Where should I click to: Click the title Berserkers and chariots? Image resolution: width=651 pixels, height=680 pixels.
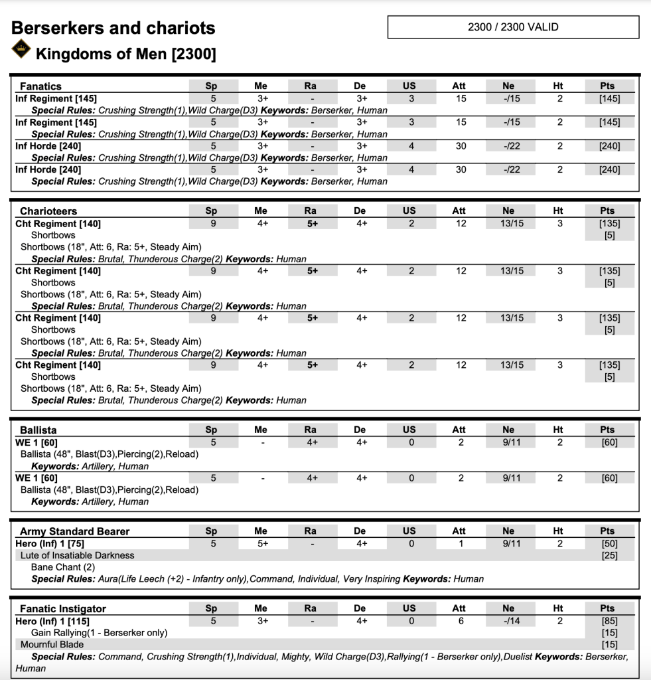point(113,28)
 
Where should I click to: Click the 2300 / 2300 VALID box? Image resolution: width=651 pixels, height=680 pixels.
point(513,27)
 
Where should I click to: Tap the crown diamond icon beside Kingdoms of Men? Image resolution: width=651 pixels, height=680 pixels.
point(22,48)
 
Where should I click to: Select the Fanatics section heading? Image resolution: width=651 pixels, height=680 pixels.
point(40,86)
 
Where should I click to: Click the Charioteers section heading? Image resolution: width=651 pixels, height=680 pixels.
point(48,211)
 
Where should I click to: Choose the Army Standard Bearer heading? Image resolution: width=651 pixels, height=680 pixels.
point(74,531)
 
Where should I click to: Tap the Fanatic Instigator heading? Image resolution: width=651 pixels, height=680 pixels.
point(63,609)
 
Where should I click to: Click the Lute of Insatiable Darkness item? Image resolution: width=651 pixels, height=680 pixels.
point(77,555)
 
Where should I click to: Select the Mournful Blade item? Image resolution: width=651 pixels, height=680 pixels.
point(52,644)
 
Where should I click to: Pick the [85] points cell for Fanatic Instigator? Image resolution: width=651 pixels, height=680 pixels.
point(609,621)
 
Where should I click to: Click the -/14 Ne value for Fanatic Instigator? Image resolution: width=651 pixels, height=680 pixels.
point(509,621)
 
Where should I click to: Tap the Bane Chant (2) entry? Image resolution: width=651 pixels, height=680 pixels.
point(63,567)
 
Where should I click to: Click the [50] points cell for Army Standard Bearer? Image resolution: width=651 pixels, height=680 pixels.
point(609,543)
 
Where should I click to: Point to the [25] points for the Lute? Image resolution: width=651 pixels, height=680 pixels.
point(609,555)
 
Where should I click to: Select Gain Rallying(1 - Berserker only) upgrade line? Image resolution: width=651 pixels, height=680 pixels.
point(99,633)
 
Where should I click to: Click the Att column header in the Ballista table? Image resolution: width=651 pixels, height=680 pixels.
point(459,430)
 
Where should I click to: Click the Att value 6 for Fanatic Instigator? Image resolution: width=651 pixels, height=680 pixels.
point(460,621)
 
